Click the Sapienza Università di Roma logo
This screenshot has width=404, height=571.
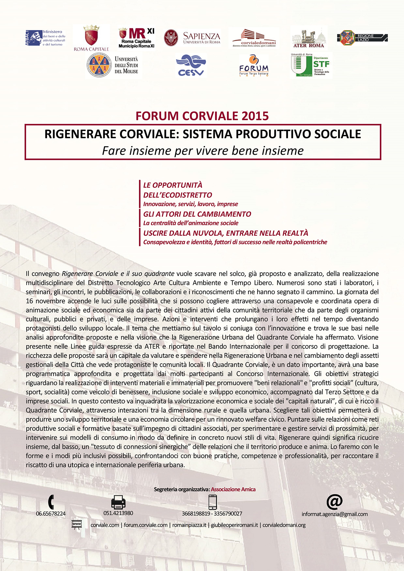point(192,38)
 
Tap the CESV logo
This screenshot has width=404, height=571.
point(191,65)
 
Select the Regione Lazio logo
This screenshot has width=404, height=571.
point(362,38)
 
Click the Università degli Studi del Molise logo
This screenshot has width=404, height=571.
point(113,65)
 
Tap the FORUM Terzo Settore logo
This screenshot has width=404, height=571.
point(254,66)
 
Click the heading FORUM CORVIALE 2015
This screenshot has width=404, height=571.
point(202,116)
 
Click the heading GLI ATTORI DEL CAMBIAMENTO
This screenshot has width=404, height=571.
point(197,214)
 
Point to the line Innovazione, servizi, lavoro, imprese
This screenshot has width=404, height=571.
point(191,204)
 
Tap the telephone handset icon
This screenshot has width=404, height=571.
point(51,502)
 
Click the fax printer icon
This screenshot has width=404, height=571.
point(118,502)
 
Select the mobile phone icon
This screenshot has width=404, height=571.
point(213,502)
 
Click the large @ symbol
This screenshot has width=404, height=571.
point(335,502)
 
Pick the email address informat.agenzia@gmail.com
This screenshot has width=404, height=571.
point(335,514)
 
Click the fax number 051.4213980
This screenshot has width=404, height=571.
point(118,513)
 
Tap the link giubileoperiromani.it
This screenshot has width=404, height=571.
point(234,525)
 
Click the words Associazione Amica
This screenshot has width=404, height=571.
point(233,490)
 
